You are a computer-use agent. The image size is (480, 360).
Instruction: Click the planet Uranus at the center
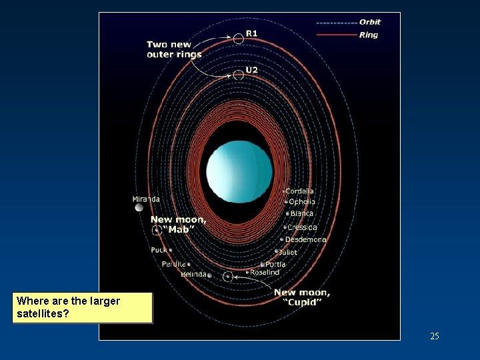(x=239, y=171)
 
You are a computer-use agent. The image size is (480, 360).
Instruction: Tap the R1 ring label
(x=252, y=33)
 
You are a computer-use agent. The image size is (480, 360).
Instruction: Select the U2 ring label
(x=251, y=70)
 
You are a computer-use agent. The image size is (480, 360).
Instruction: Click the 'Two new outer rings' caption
(x=174, y=49)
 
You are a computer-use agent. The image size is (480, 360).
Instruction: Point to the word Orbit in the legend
(x=369, y=22)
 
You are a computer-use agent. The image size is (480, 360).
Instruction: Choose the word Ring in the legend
(x=368, y=35)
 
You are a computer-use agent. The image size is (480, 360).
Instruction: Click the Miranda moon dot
(x=139, y=208)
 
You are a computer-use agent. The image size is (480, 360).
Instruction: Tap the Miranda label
(x=146, y=199)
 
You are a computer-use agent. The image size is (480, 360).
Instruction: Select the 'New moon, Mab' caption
(x=178, y=224)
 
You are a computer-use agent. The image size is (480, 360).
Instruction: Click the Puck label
(x=159, y=250)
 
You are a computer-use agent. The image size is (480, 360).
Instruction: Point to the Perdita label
(x=174, y=264)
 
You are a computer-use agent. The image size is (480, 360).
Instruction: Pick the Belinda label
(x=193, y=274)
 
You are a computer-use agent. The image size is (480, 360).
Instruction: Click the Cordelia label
(x=299, y=191)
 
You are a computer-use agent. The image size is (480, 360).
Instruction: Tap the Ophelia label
(x=302, y=202)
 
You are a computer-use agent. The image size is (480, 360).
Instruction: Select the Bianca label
(x=301, y=214)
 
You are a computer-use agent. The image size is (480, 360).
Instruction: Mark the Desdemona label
(x=305, y=239)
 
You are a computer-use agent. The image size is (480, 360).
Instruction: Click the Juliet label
(x=288, y=253)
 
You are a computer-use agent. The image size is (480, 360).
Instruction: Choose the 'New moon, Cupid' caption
(x=301, y=297)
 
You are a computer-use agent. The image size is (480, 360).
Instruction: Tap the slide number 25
(x=435, y=336)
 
